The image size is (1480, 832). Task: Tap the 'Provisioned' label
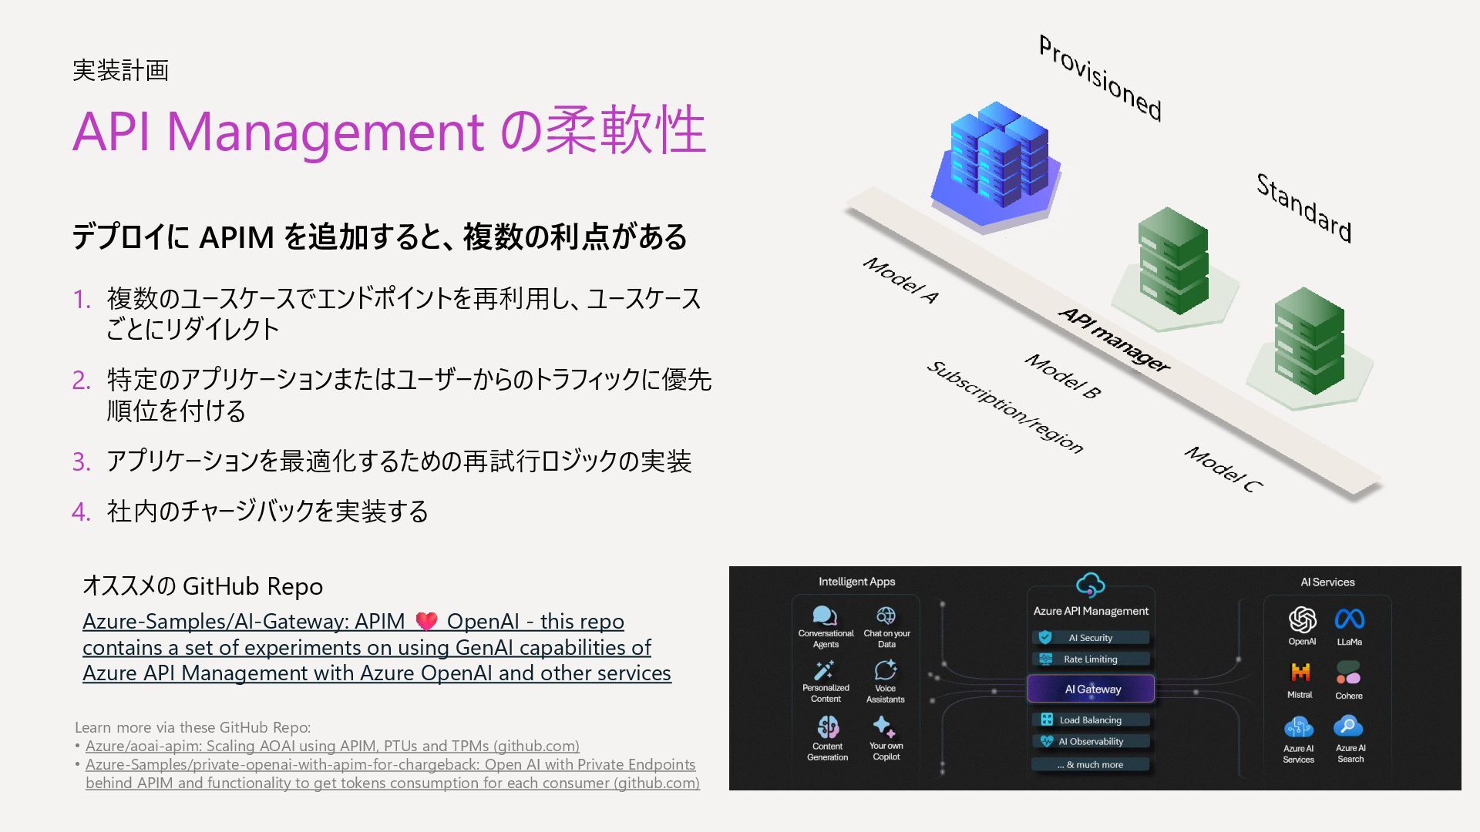1100,78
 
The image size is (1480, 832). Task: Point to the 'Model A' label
900,280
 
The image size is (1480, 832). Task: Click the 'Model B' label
1062,375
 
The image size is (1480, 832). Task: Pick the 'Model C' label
1223,468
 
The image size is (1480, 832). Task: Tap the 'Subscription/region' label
1005,407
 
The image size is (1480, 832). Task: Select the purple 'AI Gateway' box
1091,689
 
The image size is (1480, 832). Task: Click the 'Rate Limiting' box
1090,659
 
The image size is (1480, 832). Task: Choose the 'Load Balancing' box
1090,720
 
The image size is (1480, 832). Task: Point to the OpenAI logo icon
1302,619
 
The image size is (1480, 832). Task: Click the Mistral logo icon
1300,673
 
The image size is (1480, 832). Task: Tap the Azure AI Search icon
1348,726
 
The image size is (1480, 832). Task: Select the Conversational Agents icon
824,616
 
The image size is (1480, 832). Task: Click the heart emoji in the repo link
426,621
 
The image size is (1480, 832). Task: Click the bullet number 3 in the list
81,461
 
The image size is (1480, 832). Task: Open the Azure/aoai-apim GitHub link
332,746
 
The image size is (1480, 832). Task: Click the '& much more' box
1090,764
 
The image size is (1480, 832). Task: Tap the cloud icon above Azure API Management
1090,585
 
